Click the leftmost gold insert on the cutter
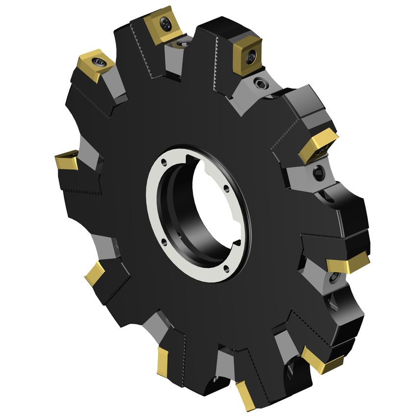67,160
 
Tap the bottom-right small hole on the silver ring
226,267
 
